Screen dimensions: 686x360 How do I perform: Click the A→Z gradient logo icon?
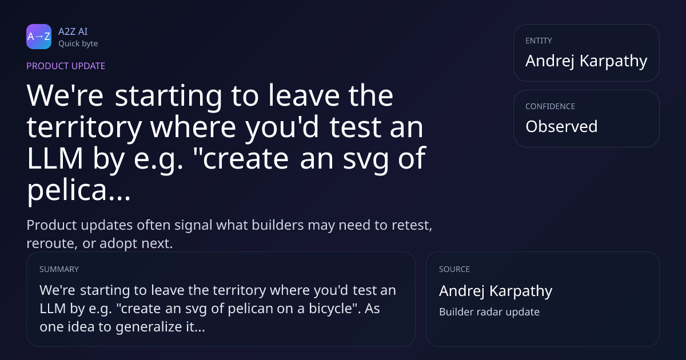(39, 37)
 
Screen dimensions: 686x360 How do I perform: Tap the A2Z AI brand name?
(73, 31)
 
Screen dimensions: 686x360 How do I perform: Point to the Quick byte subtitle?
(78, 44)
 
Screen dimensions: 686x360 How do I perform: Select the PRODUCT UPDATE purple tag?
(66, 66)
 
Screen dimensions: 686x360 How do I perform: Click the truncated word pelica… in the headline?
(79, 190)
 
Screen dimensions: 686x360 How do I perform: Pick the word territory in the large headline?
(84, 127)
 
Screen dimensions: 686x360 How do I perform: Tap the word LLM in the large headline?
(55, 158)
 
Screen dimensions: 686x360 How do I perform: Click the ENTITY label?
(539, 41)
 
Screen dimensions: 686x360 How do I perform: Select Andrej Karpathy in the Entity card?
(587, 61)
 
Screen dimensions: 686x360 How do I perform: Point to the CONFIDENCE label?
(551, 106)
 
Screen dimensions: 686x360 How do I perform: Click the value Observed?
(561, 126)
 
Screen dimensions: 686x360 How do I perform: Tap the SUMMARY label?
(59, 269)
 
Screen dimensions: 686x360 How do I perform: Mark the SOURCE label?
(454, 269)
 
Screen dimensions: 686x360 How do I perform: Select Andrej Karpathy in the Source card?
(496, 291)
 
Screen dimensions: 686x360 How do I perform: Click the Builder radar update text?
(489, 312)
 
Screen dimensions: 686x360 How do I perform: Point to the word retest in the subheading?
(412, 225)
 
